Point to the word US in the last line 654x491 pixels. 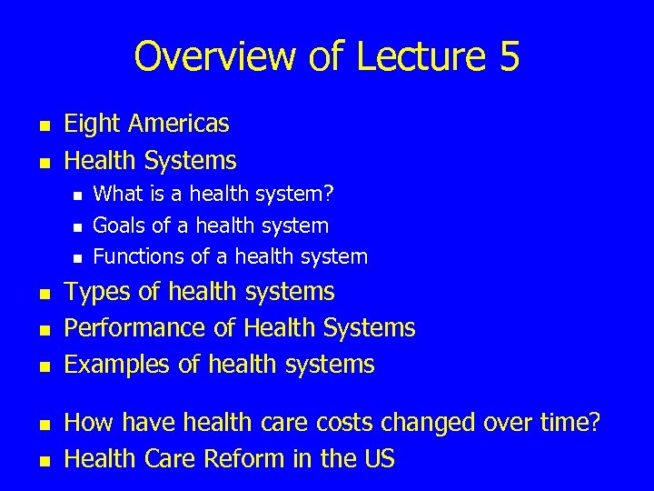375,459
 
